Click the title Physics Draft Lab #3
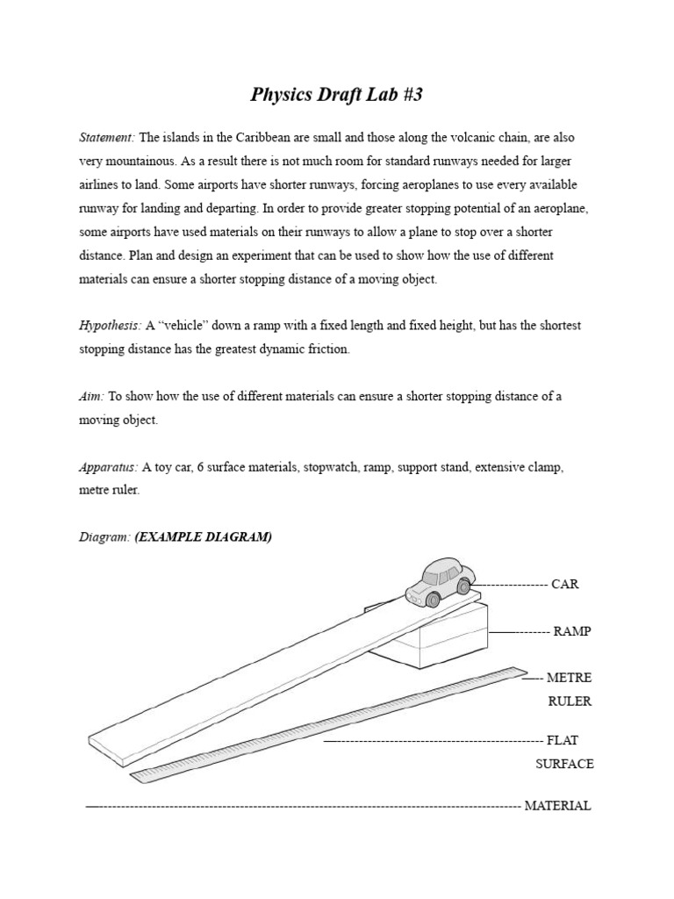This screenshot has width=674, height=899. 337,95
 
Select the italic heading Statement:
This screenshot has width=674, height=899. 107,138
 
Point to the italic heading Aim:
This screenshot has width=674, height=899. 91,396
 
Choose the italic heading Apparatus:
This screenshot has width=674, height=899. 108,467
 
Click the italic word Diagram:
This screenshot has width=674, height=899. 104,537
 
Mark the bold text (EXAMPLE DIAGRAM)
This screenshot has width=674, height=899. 203,537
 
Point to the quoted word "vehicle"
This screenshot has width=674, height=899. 187,326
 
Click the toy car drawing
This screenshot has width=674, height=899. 437,582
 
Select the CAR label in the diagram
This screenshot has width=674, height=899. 565,585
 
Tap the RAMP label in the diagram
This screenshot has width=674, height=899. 571,632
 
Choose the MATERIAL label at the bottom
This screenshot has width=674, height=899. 557,806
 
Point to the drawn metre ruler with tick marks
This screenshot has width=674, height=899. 333,725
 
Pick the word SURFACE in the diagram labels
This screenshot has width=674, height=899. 564,764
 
